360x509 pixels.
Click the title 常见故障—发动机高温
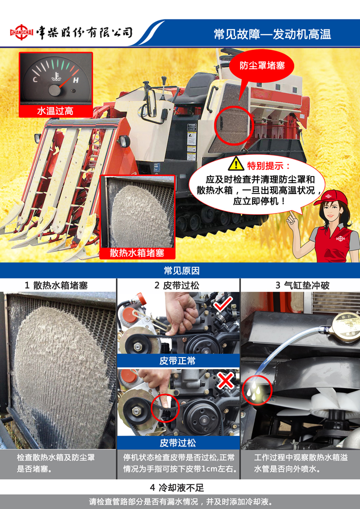(272, 34)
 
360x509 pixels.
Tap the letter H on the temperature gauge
(75, 80)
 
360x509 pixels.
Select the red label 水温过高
(55, 111)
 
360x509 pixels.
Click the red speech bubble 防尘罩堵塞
(262, 66)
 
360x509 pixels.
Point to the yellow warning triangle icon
(236, 164)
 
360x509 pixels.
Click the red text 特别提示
(269, 165)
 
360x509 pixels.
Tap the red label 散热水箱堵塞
(137, 253)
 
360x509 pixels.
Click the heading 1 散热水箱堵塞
(56, 285)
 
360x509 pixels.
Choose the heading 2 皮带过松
(176, 285)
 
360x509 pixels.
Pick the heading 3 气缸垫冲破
(302, 285)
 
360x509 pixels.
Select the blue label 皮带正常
(177, 360)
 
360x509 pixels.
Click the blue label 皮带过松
(177, 443)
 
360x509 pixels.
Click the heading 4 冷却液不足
(177, 487)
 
